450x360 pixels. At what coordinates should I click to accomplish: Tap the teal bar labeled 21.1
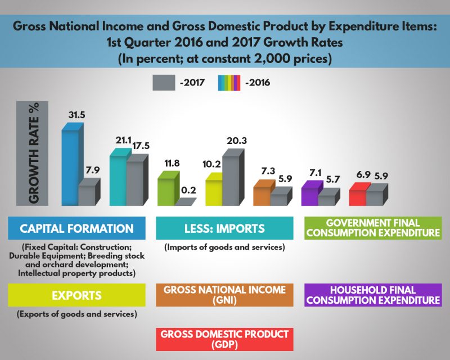pyautogui.click(x=118, y=180)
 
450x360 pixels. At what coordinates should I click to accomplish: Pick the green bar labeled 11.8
pyautogui.click(x=166, y=191)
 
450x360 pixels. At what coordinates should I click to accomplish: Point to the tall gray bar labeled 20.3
pyautogui.click(x=232, y=180)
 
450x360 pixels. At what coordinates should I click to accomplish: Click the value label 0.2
pyautogui.click(x=189, y=190)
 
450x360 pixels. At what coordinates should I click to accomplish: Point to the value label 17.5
pyautogui.click(x=141, y=145)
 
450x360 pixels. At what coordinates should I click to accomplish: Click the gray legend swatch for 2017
pyautogui.click(x=163, y=83)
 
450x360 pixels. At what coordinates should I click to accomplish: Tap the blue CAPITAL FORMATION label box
pyautogui.click(x=76, y=228)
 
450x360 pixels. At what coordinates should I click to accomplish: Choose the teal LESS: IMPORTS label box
pyautogui.click(x=224, y=228)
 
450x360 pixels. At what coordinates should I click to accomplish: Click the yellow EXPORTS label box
pyautogui.click(x=76, y=295)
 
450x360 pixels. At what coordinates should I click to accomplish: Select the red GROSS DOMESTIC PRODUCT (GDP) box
pyautogui.click(x=224, y=339)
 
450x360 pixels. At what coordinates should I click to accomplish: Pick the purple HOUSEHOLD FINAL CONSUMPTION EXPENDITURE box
pyautogui.click(x=372, y=295)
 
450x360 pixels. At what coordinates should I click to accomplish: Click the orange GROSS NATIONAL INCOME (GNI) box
pyautogui.click(x=224, y=295)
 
